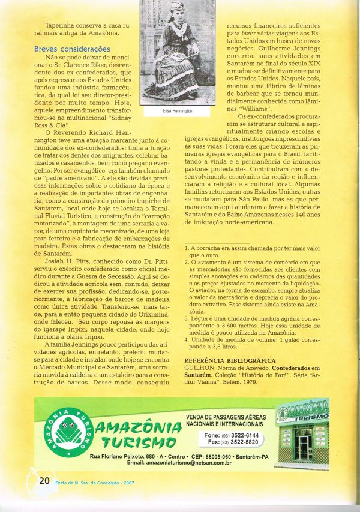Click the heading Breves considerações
[x=72, y=49]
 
